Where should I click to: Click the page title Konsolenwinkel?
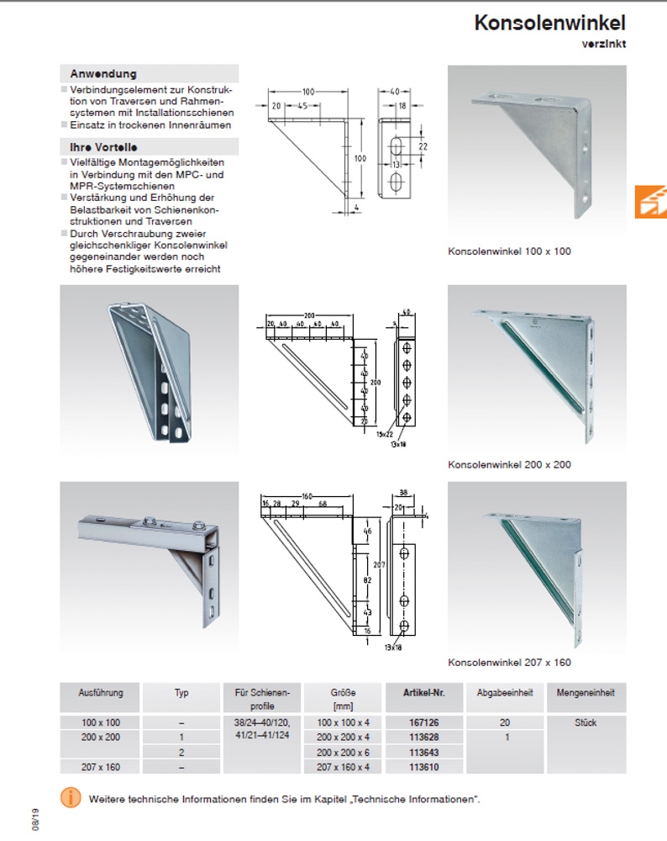(x=549, y=23)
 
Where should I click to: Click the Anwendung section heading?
(x=103, y=74)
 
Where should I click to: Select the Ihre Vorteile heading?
(x=103, y=147)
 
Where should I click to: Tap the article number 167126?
(x=423, y=722)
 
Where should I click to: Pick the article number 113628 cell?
(x=423, y=737)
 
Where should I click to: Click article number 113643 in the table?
(x=423, y=752)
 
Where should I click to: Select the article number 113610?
(x=423, y=766)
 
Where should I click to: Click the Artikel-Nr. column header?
(x=423, y=693)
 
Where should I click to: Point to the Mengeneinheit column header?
(x=586, y=693)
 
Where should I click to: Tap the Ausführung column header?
(x=101, y=693)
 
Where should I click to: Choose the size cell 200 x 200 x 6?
(x=344, y=752)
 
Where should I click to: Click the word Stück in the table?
(x=586, y=722)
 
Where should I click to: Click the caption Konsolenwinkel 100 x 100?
(x=509, y=251)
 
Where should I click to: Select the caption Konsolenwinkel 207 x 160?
(x=509, y=663)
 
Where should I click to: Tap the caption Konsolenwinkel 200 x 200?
(x=509, y=464)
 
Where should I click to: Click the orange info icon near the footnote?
(x=71, y=798)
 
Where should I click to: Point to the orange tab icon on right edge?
(x=651, y=202)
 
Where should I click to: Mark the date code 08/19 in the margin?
(x=35, y=820)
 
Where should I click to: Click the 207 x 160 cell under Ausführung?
(x=101, y=766)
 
